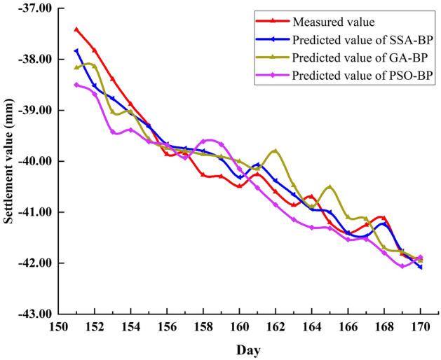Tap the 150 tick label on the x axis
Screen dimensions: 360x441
coord(58,327)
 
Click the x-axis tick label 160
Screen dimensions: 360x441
coord(239,327)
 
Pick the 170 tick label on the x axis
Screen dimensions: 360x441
coord(421,327)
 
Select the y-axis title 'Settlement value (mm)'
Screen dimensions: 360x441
coord(10,161)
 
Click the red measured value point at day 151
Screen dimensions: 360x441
coord(76,29)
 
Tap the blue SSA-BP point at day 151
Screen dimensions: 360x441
coord(76,51)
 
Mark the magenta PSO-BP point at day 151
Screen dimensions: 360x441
coord(76,85)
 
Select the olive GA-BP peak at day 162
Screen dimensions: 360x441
coord(276,151)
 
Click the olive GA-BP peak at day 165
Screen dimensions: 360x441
coord(330,187)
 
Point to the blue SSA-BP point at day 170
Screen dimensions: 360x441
coord(421,267)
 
